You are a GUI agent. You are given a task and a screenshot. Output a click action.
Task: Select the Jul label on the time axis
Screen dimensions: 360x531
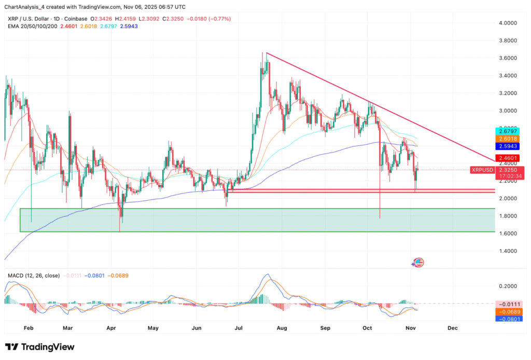click(x=240, y=328)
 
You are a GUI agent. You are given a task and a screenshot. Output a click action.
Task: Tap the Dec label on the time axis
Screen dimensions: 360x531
click(x=453, y=328)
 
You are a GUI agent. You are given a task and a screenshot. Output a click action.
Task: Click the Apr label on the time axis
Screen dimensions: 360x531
click(x=110, y=328)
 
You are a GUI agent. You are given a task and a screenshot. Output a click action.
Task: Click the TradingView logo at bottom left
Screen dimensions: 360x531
click(x=39, y=347)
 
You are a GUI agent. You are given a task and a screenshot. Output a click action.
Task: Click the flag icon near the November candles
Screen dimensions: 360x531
click(x=418, y=262)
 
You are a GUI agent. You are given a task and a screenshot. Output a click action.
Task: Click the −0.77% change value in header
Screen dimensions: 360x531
click(x=220, y=19)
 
